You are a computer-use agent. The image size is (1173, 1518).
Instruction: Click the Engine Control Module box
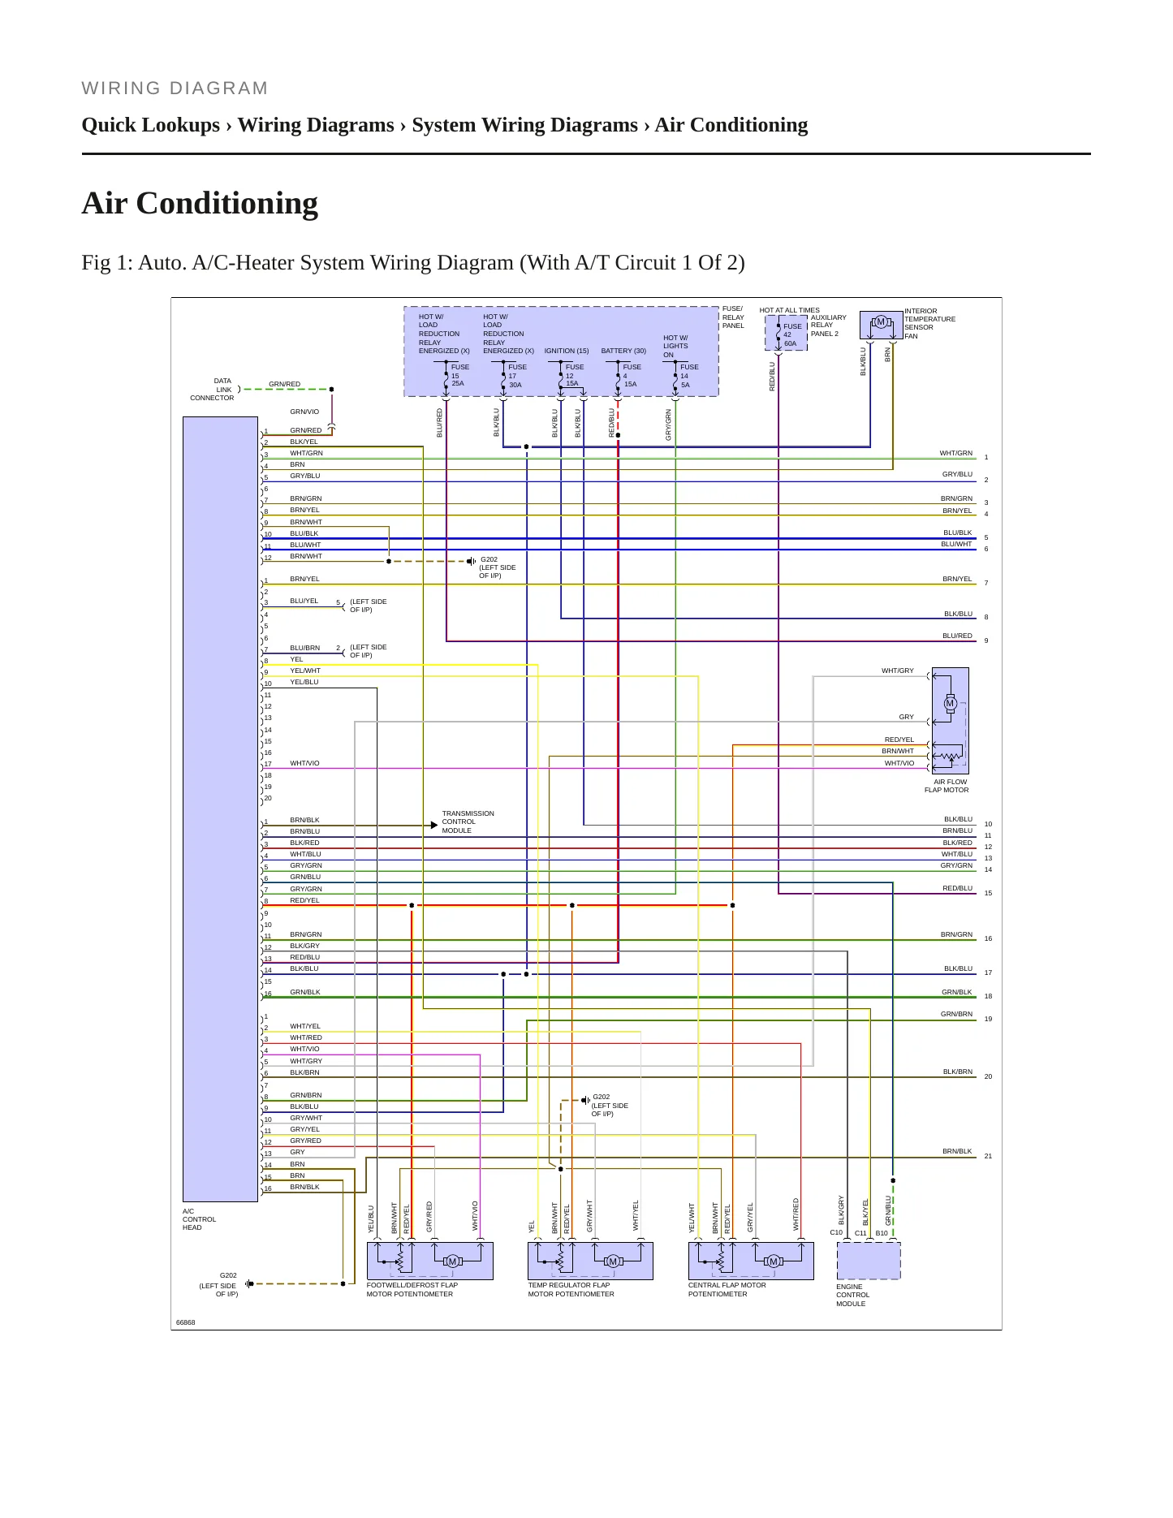tap(869, 1260)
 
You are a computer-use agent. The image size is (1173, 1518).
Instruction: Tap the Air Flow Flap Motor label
tap(947, 786)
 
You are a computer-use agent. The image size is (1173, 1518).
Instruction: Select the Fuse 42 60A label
tap(792, 334)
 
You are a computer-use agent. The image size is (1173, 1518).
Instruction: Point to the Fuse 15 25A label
tap(460, 375)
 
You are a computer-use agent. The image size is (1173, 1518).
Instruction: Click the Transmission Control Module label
tap(468, 822)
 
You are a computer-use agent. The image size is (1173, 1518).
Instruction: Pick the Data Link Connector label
tap(213, 390)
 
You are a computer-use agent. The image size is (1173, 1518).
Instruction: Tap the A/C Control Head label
tap(199, 1219)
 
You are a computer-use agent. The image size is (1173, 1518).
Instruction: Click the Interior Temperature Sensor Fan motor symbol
tap(881, 322)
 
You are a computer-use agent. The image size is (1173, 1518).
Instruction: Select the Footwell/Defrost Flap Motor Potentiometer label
tap(412, 1289)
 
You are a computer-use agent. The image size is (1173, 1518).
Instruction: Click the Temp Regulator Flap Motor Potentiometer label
tap(571, 1289)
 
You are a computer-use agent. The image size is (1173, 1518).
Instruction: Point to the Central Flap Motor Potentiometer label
tap(727, 1289)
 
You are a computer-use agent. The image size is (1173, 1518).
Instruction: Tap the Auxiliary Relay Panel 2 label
tap(828, 326)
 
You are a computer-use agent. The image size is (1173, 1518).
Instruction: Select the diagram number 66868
tap(186, 1322)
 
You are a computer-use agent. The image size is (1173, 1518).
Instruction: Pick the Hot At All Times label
tap(789, 310)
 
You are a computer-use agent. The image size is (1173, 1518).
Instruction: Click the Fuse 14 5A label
tap(688, 376)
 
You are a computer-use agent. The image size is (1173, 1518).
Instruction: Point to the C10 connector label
tap(836, 1232)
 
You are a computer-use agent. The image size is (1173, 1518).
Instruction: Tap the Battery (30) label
tap(623, 351)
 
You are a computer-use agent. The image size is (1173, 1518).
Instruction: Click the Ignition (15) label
tap(567, 351)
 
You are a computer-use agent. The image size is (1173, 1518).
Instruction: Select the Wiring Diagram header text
tap(175, 88)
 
